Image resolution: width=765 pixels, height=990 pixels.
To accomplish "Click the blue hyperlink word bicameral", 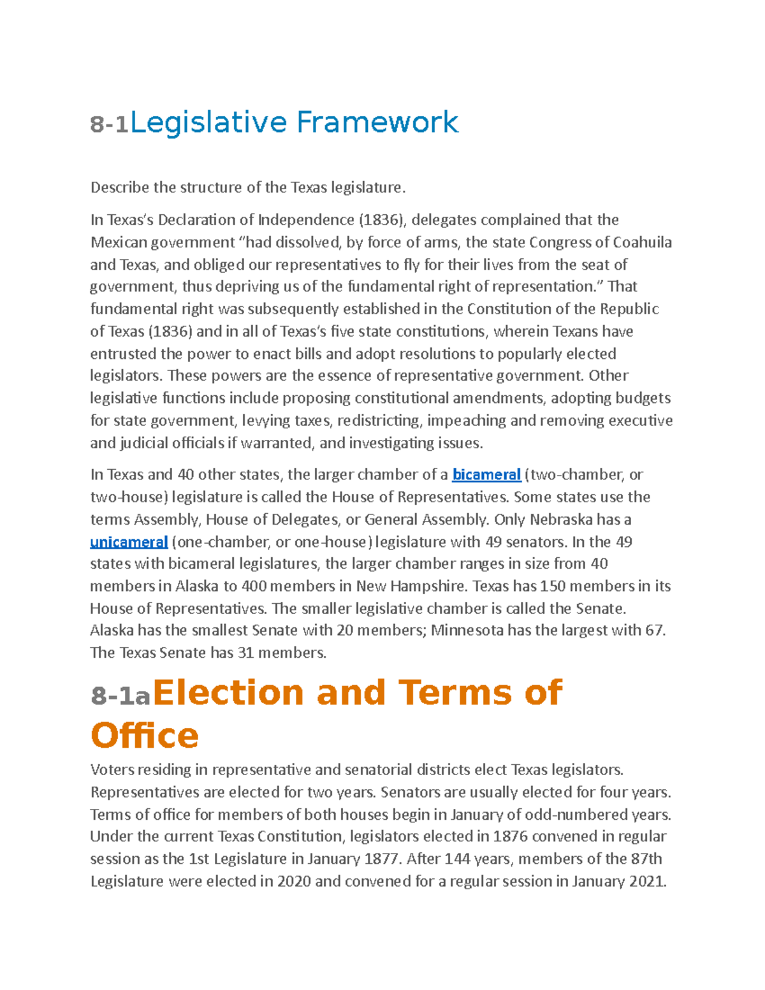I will [x=486, y=475].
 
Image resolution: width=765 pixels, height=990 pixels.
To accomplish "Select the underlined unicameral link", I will [x=129, y=542].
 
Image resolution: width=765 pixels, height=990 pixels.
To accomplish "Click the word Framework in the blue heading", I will [x=377, y=122].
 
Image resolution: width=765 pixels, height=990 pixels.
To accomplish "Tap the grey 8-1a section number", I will [x=120, y=696].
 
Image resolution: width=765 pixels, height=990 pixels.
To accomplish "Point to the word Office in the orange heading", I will [x=145, y=736].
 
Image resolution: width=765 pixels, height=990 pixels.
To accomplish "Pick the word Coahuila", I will [x=642, y=242].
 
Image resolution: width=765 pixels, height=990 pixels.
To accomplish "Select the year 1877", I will [x=382, y=859].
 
